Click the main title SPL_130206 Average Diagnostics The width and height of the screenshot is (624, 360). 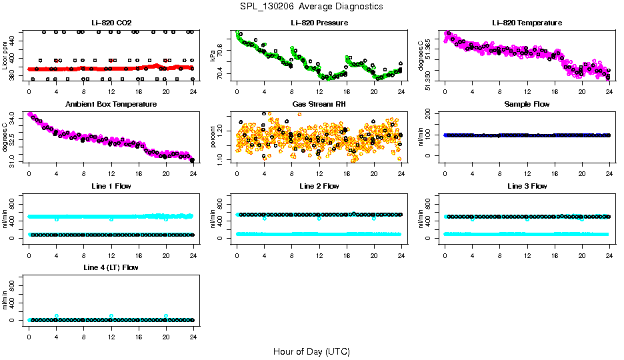[311, 7]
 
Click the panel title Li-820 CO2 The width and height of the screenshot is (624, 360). [111, 23]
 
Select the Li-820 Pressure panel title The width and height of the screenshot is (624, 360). [319, 23]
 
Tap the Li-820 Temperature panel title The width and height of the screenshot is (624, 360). [527, 23]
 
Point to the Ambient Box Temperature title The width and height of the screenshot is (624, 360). [111, 105]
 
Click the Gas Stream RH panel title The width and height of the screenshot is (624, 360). [319, 105]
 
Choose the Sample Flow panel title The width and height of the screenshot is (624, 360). [527, 105]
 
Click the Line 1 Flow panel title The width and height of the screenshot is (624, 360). [111, 186]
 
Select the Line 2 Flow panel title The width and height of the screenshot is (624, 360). [319, 186]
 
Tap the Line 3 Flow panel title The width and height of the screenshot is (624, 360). [527, 186]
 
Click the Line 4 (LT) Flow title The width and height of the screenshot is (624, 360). [111, 267]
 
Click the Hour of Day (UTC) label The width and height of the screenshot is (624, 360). [311, 351]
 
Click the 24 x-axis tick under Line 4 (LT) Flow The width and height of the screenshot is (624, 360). [193, 331]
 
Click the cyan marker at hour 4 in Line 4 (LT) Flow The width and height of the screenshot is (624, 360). [57, 316]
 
